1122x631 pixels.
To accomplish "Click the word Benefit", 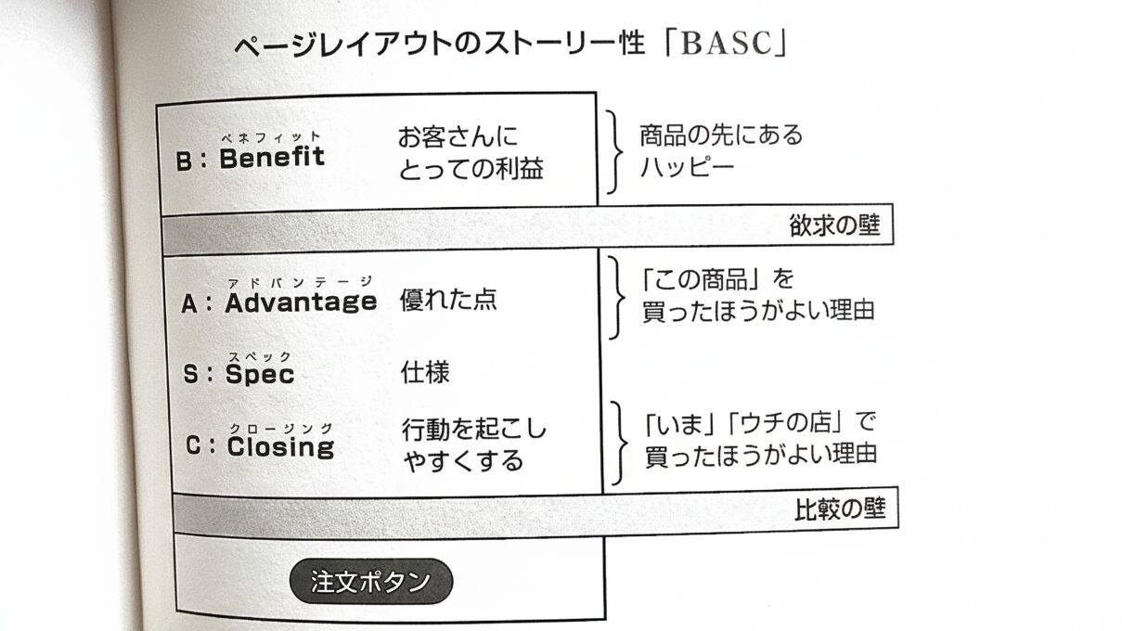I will [x=272, y=158].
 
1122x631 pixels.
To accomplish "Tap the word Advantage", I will [x=301, y=302].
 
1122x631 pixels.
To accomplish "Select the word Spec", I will [x=260, y=374].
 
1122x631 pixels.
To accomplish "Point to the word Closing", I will [x=279, y=447].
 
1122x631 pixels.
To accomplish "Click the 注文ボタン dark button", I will [x=370, y=582].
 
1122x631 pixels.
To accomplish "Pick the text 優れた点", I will [x=448, y=300].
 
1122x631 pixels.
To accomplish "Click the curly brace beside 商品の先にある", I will [x=613, y=150].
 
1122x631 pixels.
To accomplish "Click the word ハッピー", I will [x=686, y=168].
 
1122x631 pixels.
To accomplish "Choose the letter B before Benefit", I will [x=184, y=161].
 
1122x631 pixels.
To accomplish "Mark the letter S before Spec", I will [x=190, y=375].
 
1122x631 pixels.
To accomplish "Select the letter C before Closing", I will [x=192, y=448].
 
